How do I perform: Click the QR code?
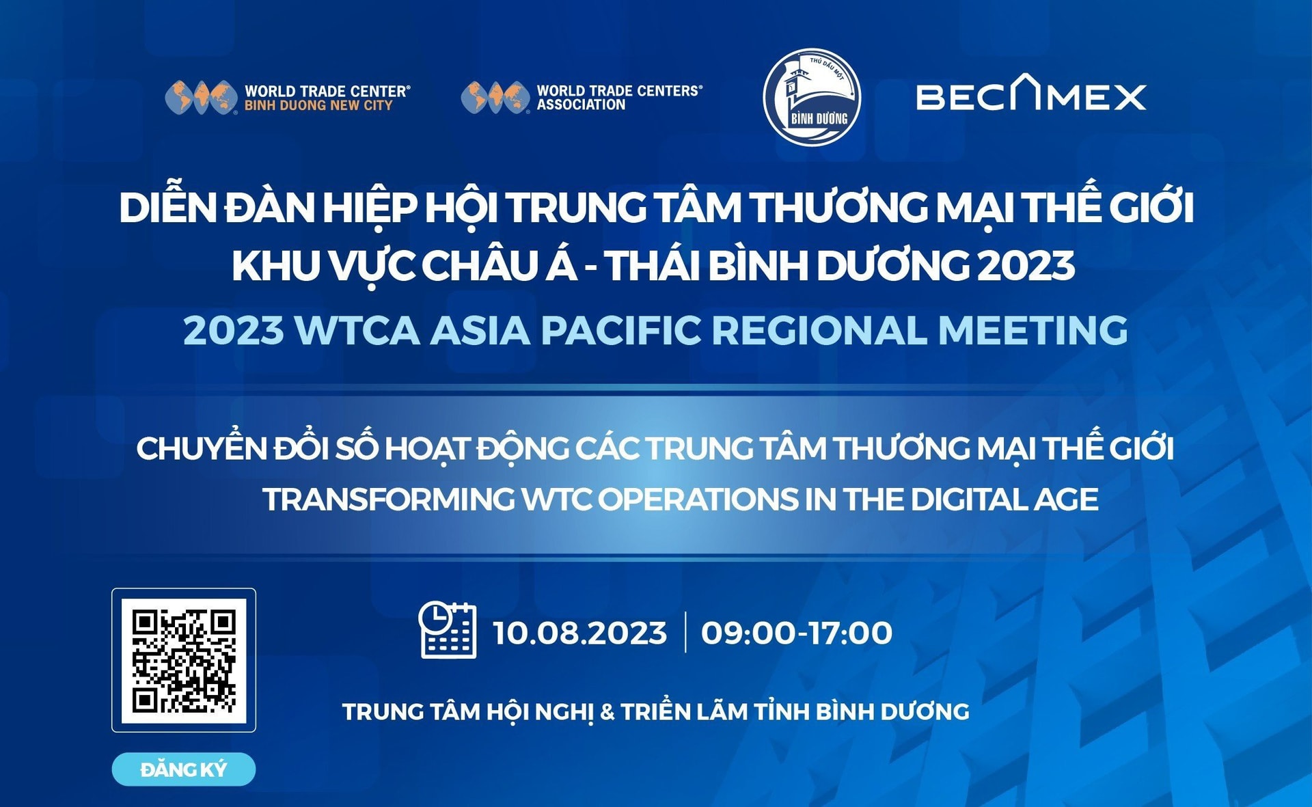184,660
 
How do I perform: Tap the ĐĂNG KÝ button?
184,769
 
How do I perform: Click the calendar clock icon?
448,630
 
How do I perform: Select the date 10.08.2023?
579,633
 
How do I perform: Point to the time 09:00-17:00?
797,633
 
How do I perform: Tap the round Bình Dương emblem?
812,97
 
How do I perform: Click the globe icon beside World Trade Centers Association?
495,97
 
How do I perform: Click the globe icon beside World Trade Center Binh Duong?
201,97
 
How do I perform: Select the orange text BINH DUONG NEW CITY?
318,105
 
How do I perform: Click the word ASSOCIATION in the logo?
581,105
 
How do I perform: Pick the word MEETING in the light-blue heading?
1033,330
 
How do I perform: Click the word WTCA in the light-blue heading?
357,330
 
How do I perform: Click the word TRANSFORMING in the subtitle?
389,500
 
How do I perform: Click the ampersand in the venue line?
607,712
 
